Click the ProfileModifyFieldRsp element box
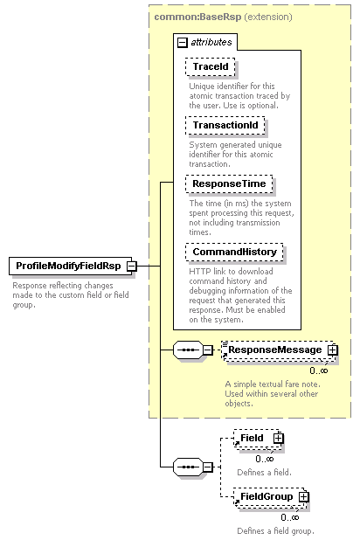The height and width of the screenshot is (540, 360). click(70, 266)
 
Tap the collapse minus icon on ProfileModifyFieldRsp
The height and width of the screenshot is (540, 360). click(132, 266)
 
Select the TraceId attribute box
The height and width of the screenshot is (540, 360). click(210, 66)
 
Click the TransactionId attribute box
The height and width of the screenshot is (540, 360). click(225, 125)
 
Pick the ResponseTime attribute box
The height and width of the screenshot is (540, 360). click(229, 183)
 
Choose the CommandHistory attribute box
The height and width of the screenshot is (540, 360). click(234, 253)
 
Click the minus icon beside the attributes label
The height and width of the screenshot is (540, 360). click(183, 43)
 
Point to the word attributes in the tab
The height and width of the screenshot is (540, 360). click(211, 42)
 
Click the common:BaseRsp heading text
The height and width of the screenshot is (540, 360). click(197, 17)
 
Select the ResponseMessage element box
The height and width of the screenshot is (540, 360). click(279, 350)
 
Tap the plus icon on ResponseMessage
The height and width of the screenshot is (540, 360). click(332, 350)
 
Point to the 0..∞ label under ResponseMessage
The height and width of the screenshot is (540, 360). click(319, 370)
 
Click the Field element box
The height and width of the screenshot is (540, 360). click(258, 439)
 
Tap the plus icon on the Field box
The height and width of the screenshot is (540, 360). click(279, 438)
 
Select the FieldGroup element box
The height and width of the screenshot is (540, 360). click(270, 497)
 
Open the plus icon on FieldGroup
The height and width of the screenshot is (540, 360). click(303, 496)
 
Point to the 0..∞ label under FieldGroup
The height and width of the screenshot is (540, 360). click(290, 517)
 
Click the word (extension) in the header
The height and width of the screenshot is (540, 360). click(268, 17)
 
